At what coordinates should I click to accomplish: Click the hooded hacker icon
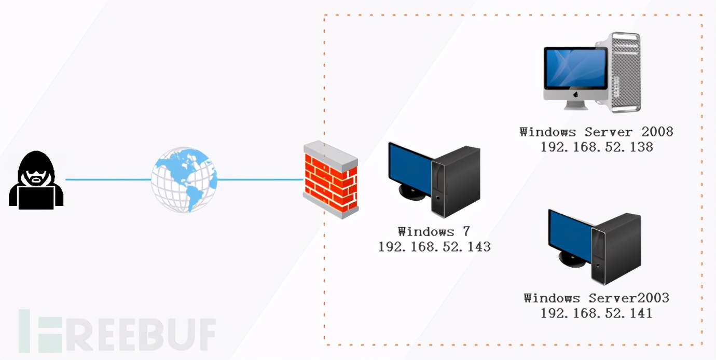pos(36,179)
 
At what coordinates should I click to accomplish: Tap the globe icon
pos(184,179)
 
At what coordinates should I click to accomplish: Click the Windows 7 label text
pos(434,232)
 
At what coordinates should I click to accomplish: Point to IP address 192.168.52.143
pos(434,247)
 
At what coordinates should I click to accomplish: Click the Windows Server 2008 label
pos(596,132)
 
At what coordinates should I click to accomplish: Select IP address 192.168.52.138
pos(596,147)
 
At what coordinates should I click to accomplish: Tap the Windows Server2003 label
pos(596,298)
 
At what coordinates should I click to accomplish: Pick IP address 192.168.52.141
pos(596,313)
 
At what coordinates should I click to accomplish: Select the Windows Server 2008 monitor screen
pos(575,69)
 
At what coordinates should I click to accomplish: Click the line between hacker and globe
pos(107,180)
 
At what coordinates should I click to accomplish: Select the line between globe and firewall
pos(259,180)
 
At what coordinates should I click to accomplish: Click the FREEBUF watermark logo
pos(117,330)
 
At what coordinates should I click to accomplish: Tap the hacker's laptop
pos(36,197)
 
